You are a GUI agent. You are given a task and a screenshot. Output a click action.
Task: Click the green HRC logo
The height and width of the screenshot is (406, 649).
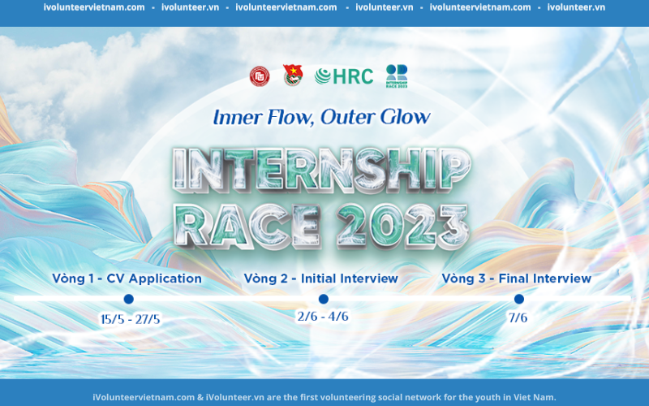pyautogui.click(x=344, y=76)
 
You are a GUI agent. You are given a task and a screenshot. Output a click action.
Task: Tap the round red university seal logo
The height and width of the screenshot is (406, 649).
pyautogui.click(x=260, y=76)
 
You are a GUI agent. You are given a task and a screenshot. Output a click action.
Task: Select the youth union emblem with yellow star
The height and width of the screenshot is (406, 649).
pyautogui.click(x=293, y=76)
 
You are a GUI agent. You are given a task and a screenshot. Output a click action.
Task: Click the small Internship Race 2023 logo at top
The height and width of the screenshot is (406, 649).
pyautogui.click(x=397, y=76)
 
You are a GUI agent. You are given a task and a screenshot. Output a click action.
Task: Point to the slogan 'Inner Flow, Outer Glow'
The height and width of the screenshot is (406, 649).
pyautogui.click(x=321, y=117)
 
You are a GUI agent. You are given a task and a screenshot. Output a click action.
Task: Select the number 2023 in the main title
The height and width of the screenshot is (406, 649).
pyautogui.click(x=402, y=226)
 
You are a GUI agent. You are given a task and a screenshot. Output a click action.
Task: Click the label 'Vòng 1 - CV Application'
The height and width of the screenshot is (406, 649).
pyautogui.click(x=127, y=279)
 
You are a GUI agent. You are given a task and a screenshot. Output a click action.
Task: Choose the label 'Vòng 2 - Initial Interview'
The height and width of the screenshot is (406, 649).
pyautogui.click(x=320, y=279)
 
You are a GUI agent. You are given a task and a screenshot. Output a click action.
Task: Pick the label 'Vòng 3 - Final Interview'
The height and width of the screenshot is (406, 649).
pyautogui.click(x=516, y=279)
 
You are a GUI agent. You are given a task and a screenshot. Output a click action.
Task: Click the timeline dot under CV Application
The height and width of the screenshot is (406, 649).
pyautogui.click(x=129, y=299)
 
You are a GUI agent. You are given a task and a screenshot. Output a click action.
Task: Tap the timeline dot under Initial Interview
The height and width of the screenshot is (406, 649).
pyautogui.click(x=324, y=299)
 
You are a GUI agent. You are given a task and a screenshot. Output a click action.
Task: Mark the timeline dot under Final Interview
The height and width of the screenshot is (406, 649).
pyautogui.click(x=519, y=299)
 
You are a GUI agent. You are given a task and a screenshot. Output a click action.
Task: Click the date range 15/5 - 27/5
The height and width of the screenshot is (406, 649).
pyautogui.click(x=131, y=319)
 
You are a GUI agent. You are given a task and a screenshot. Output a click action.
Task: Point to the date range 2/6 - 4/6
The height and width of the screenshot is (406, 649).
pyautogui.click(x=323, y=317)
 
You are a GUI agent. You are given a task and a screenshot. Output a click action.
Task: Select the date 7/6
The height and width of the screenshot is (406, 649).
pyautogui.click(x=518, y=317)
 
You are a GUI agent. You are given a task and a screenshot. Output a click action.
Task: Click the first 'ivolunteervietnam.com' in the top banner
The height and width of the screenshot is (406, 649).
pyautogui.click(x=94, y=7)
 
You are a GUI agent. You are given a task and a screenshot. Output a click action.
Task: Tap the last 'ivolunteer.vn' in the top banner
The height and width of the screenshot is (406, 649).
pyautogui.click(x=576, y=7)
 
